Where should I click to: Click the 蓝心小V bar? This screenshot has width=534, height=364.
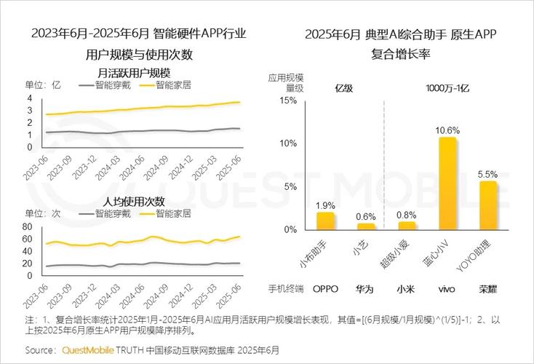coord(447,183)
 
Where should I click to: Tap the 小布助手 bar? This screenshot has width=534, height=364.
coord(325,220)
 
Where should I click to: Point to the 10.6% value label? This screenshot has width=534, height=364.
coord(447,130)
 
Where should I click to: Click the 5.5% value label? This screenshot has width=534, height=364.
coord(487,175)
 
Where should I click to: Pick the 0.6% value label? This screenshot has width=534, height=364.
coord(366,217)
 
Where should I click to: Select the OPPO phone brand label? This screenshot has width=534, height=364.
coord(325,288)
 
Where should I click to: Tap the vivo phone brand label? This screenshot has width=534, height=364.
coord(447,288)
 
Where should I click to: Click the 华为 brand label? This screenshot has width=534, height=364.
coord(366,288)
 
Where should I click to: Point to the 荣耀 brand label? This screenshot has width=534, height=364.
coord(487,288)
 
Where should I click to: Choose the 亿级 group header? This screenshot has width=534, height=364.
coord(344,88)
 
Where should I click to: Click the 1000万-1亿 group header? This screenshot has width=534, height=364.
coord(447,88)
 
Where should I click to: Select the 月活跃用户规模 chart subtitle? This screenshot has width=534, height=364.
coord(134,73)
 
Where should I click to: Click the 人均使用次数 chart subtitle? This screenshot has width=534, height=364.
coord(134,201)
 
